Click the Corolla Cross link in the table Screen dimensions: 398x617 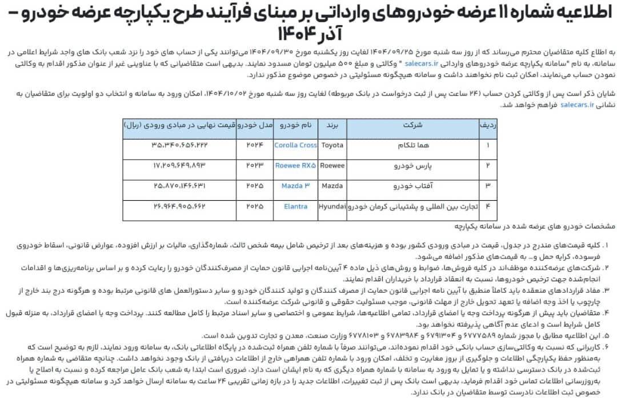[295, 145]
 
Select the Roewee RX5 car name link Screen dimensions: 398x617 [295, 166]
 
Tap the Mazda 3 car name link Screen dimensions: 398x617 [295, 186]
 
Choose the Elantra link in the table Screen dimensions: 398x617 [295, 206]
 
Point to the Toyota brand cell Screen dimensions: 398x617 [333, 145]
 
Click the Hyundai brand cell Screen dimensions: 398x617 [332, 206]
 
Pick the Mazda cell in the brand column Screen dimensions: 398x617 [333, 186]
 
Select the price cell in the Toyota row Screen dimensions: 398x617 [179, 145]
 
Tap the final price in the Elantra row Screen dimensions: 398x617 [179, 206]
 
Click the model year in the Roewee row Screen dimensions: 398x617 [254, 166]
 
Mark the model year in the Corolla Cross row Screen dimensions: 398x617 [254, 145]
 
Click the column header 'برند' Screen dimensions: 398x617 [333, 124]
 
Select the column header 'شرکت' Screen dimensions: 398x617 [413, 124]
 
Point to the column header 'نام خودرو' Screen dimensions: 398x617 [295, 124]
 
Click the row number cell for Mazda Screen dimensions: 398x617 [487, 186]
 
